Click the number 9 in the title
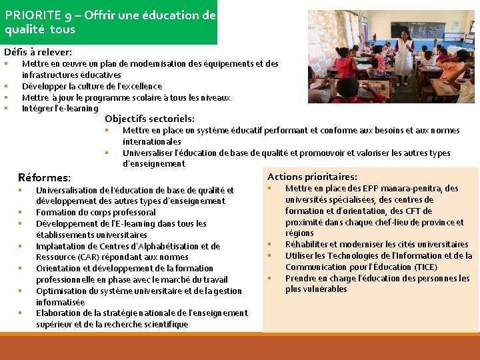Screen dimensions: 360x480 (x=69, y=15)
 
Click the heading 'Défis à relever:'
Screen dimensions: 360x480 (x=38, y=51)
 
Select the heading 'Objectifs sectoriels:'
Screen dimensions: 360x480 (x=149, y=119)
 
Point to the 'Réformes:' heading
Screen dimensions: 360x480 (x=44, y=177)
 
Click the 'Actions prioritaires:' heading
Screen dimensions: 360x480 (x=312, y=177)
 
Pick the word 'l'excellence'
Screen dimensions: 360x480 (x=139, y=86)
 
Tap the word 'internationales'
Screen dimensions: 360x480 (x=152, y=141)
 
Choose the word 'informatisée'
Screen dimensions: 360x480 (x=61, y=302)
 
